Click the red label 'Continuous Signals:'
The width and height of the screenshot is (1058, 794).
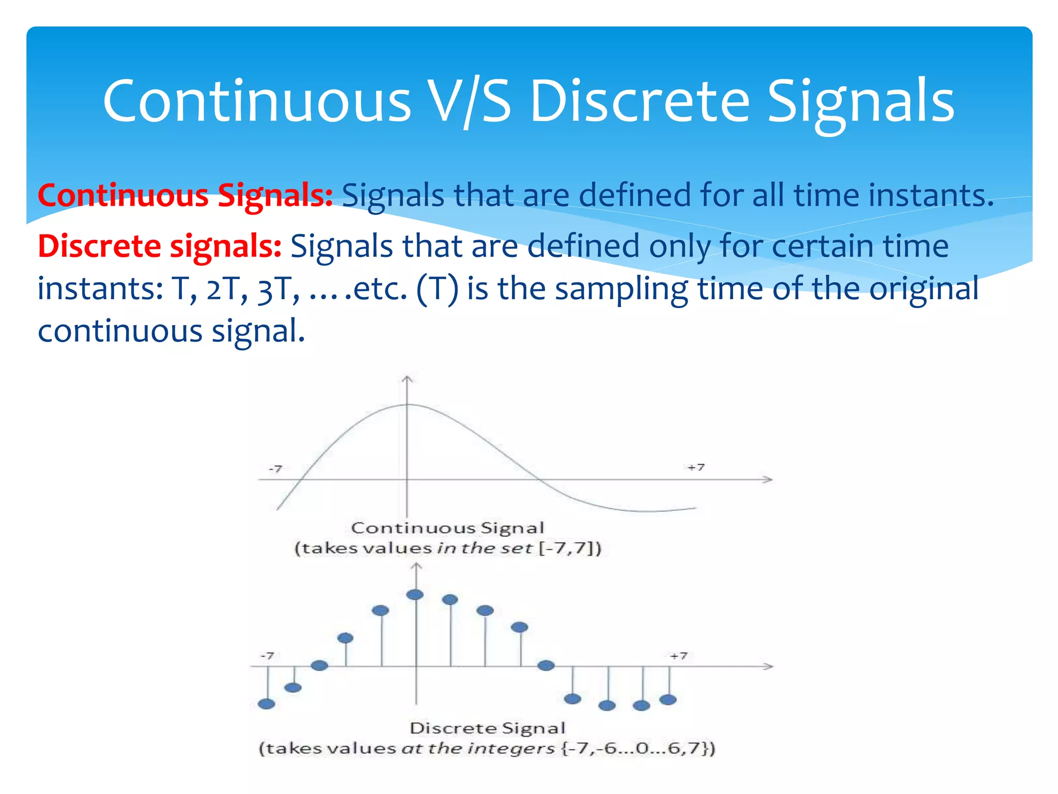click(x=185, y=195)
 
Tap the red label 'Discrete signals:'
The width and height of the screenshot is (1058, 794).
click(x=159, y=246)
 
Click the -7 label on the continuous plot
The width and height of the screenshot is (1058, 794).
click(x=275, y=469)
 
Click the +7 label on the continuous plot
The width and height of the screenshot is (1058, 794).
click(x=696, y=467)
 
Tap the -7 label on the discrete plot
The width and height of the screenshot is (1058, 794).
click(x=267, y=655)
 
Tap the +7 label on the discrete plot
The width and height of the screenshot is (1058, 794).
click(x=678, y=655)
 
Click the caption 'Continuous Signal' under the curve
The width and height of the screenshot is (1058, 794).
click(x=447, y=528)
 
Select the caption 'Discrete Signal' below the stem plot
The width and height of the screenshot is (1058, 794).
click(x=487, y=728)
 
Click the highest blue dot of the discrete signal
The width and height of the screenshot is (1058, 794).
click(x=415, y=595)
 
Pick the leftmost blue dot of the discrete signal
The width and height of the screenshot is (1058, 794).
click(x=267, y=704)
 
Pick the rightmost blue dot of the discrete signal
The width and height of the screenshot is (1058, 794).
click(x=668, y=700)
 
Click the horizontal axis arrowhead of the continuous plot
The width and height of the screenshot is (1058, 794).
click(x=769, y=479)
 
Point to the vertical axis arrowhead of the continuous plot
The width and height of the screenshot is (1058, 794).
click(x=408, y=380)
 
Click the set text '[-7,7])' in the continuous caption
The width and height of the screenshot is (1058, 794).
click(x=570, y=548)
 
